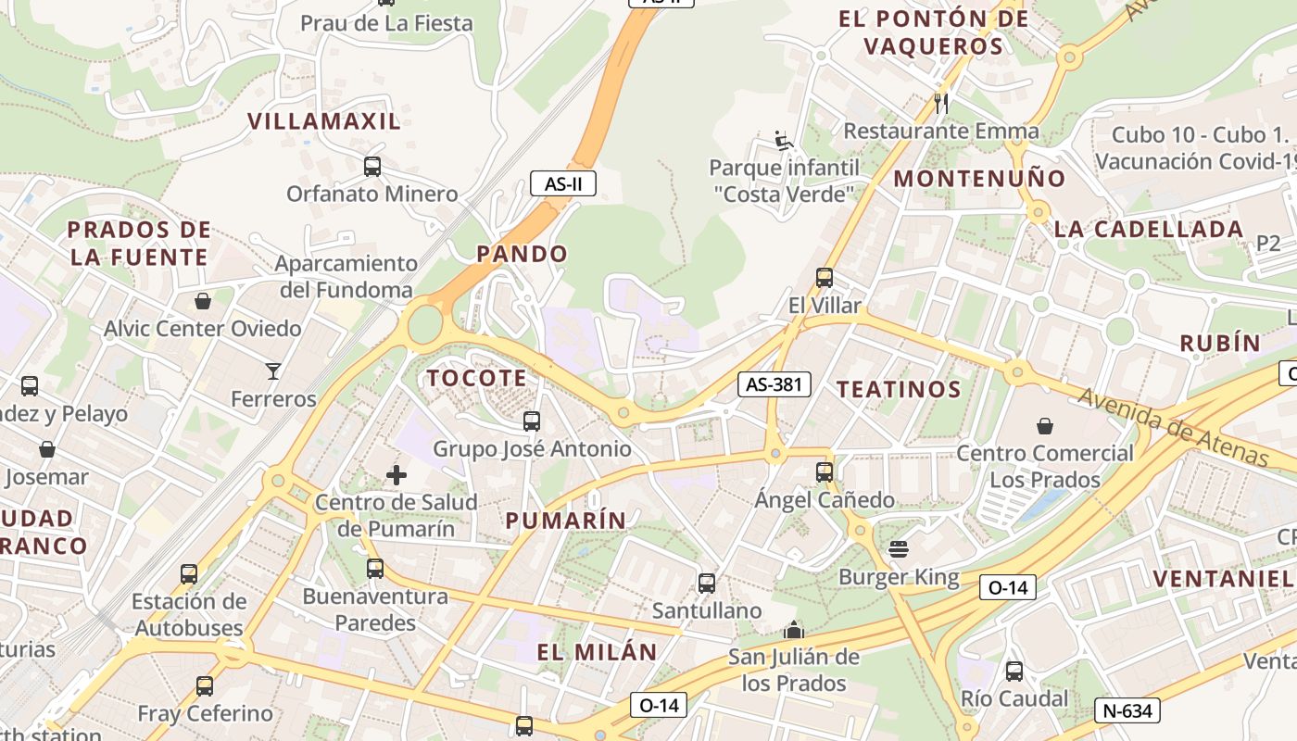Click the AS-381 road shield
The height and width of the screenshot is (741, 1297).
click(774, 384)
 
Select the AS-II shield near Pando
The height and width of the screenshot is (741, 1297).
click(562, 183)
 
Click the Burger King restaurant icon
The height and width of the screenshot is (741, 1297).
click(898, 549)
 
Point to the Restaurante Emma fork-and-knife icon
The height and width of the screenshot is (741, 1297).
click(941, 103)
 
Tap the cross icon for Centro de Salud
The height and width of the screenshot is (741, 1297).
click(397, 475)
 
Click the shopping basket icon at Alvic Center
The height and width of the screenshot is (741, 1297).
click(203, 301)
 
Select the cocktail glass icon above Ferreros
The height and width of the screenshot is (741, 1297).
click(273, 371)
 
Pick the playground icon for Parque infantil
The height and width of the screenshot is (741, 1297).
click(784, 141)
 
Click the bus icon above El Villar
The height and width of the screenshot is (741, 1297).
click(824, 277)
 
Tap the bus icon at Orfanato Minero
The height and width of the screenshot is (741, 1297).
click(371, 167)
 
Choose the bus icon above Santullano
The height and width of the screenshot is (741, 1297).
click(706, 584)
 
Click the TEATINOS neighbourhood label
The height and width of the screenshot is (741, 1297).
click(899, 389)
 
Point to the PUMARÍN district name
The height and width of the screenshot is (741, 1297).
click(565, 521)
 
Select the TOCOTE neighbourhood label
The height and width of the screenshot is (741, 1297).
click(476, 378)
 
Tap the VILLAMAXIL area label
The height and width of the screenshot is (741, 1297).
click(324, 120)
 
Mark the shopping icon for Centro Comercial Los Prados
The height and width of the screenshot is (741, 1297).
click(1044, 426)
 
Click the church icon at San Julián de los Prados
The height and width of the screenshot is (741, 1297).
click(793, 631)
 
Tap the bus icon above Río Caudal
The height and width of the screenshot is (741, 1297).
click(1014, 672)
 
